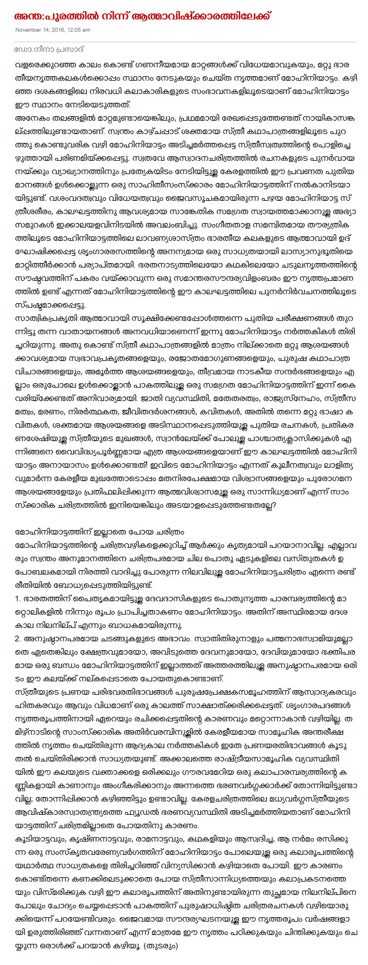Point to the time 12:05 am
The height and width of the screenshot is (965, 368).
[x=79, y=29]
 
